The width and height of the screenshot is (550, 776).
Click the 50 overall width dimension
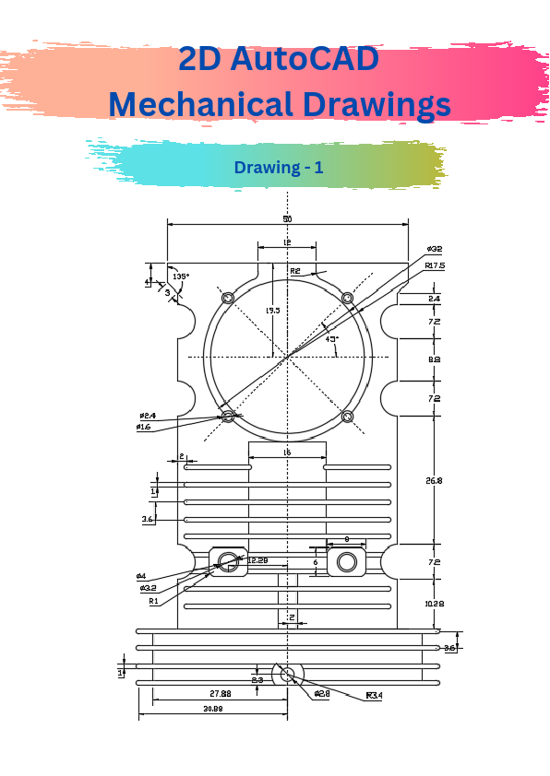point(287,218)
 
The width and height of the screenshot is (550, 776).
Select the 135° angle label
point(180,276)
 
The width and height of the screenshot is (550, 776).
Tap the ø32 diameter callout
point(434,249)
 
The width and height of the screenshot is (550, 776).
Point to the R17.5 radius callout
point(435,265)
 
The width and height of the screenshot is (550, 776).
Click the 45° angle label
point(331,339)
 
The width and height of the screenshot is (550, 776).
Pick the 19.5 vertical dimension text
point(272,311)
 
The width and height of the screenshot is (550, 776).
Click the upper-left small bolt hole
point(228,298)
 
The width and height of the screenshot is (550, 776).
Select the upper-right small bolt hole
point(348,298)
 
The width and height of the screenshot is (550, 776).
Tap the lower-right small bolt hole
point(348,417)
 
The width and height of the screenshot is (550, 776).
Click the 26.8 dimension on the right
point(434,480)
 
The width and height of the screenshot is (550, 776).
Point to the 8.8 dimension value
point(434,359)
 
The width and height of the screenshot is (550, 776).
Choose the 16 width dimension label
point(287,453)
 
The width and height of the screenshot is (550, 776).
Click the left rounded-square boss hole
point(228,561)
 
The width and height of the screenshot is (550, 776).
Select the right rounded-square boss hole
point(347,561)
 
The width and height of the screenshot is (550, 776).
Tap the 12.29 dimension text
point(257,560)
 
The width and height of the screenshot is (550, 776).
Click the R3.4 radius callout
point(374,695)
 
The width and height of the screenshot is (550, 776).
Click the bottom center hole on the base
point(287,675)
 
